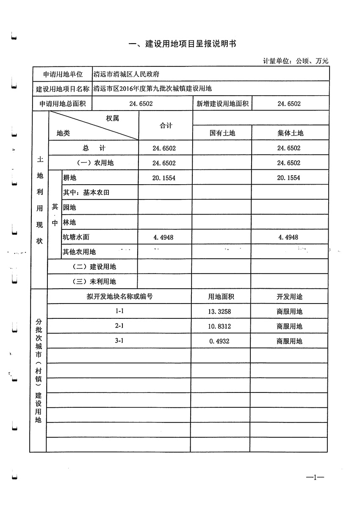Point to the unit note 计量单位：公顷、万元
(296, 61)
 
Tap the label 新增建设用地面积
(222, 104)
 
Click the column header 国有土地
(222, 133)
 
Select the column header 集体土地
(290, 133)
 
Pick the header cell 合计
(166, 126)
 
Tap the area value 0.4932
(219, 341)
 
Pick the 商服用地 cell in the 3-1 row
(289, 341)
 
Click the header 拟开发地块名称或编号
(119, 297)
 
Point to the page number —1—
(315, 478)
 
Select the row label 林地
(69, 222)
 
